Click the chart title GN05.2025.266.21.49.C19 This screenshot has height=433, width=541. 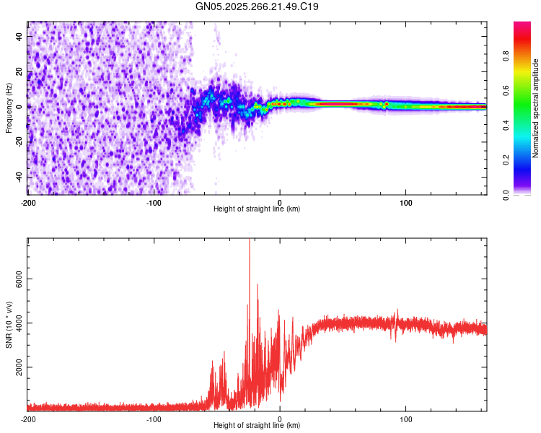258,7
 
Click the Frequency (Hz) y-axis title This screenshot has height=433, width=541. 9,108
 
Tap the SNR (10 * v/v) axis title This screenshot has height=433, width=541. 9,325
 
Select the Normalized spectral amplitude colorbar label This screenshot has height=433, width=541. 536,108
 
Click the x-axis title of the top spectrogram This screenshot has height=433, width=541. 257,209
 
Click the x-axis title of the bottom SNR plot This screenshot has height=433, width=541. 257,425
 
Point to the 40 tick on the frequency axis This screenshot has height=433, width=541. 20,36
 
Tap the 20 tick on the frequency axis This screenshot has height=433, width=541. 20,71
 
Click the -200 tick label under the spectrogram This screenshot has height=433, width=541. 28,201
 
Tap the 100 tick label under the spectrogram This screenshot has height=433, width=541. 405,201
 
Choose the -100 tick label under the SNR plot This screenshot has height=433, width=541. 154,419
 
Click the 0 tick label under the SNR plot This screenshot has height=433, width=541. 280,419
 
